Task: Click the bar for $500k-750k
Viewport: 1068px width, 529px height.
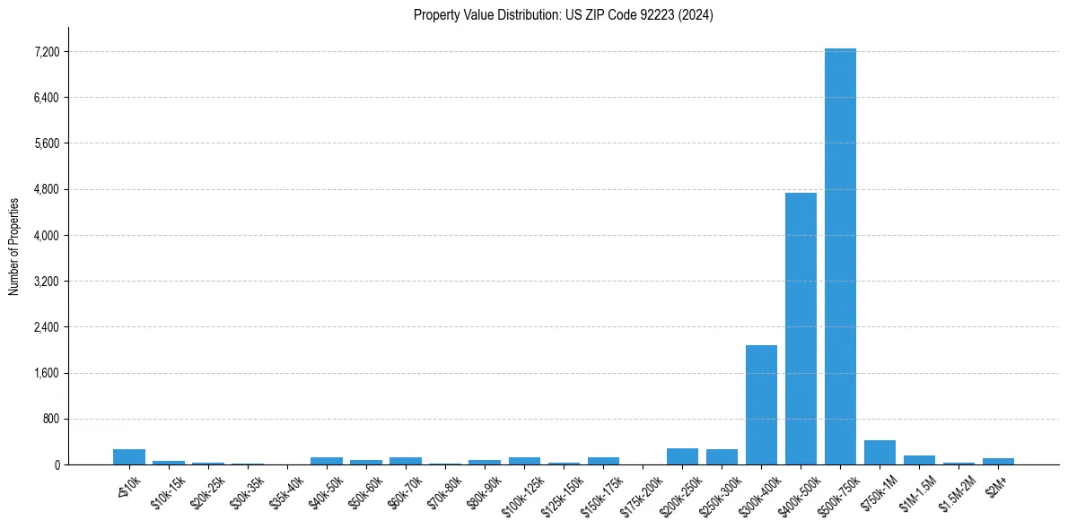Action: (840, 256)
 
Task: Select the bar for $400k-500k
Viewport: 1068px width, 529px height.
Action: (801, 328)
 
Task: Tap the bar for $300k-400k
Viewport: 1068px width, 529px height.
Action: (761, 404)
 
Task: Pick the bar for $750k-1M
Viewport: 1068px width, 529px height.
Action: (880, 453)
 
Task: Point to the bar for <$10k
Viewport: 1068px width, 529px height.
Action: (129, 457)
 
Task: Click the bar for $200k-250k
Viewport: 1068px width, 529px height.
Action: (682, 456)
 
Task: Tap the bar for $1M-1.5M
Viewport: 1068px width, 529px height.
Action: (919, 460)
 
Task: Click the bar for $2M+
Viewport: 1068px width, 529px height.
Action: (998, 461)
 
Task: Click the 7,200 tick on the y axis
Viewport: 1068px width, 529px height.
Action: (47, 52)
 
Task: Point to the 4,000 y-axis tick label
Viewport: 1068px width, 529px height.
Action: (47, 236)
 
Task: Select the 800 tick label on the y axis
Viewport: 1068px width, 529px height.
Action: (51, 419)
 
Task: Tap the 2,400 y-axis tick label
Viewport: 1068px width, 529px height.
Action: (47, 327)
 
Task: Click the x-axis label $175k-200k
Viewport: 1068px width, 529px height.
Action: (642, 491)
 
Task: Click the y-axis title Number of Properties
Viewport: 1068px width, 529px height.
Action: (13, 246)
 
